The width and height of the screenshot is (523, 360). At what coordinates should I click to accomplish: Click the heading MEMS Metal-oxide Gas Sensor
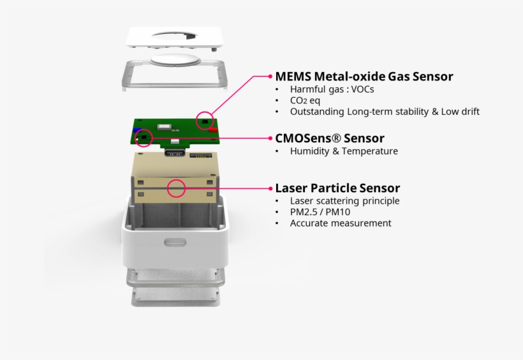pos(364,77)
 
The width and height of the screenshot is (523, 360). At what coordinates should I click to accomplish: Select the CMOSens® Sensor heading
pos(329,138)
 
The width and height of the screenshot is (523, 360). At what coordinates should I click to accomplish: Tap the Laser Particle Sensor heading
pos(337,188)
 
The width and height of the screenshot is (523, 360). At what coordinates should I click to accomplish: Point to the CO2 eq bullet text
pos(305,101)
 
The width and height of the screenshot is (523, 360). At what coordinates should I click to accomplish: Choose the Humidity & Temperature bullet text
pos(344,151)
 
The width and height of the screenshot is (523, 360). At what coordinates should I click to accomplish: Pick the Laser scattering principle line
pos(344,201)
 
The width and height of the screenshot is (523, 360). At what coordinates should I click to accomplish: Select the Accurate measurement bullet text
pos(341,223)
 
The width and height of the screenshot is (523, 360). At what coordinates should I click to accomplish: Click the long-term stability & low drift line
pos(385,112)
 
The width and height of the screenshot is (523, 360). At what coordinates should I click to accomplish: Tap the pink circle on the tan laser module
pos(176,188)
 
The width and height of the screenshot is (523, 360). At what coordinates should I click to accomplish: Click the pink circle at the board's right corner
pos(205,119)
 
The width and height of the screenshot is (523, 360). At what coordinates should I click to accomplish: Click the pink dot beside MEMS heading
pos(270,77)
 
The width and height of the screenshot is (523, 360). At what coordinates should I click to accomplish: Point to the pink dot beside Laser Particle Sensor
pos(270,188)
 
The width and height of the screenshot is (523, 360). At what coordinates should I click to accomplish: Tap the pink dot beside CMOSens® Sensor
pos(270,138)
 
